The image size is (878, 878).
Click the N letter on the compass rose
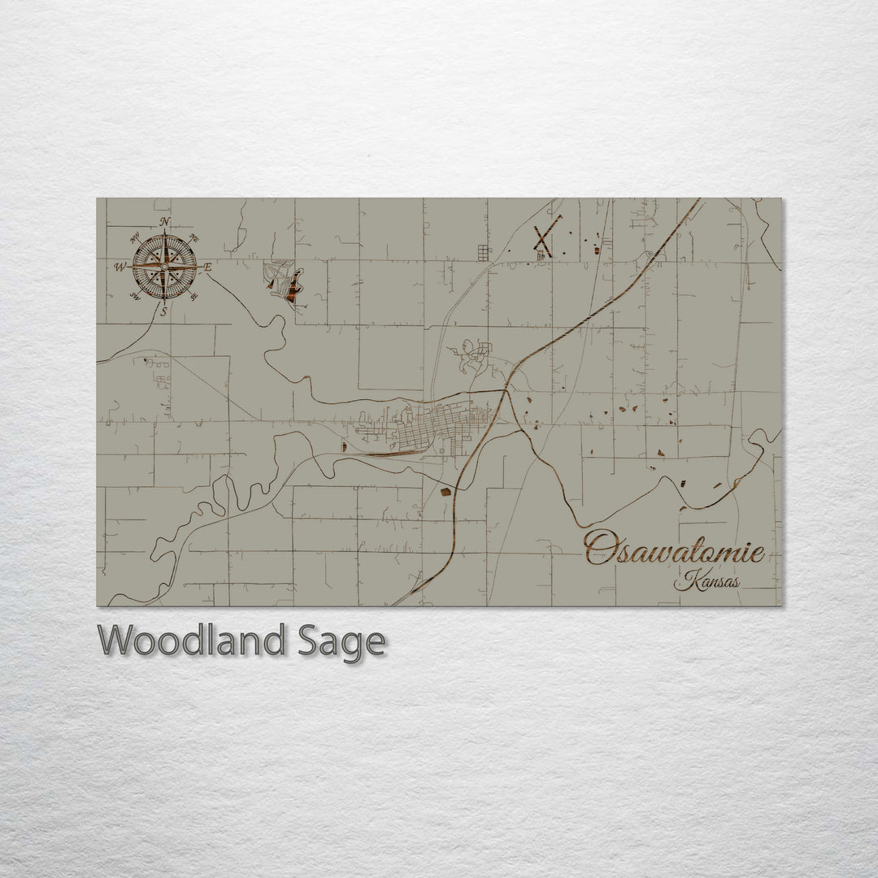(165, 222)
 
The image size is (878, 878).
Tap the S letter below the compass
(164, 311)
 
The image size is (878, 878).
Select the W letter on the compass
(120, 267)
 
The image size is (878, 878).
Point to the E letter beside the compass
(207, 267)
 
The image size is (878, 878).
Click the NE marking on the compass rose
(193, 238)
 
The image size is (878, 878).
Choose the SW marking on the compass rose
(135, 296)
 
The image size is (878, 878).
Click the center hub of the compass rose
(165, 266)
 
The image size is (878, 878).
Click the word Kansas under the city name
(706, 582)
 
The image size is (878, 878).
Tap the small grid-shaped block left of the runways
(483, 253)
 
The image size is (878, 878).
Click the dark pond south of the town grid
(446, 490)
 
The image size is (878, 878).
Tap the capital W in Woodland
(115, 642)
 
